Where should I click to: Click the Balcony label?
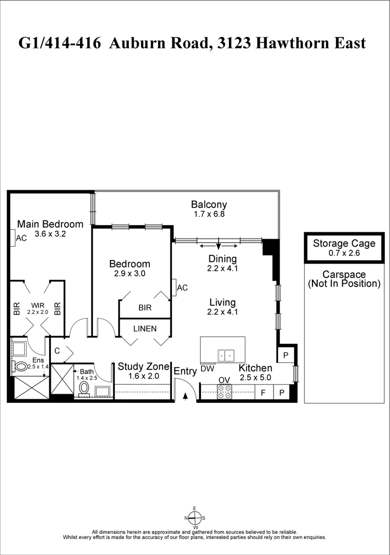click(209, 204)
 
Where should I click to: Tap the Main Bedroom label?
click(50, 224)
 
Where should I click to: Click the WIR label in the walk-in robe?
click(37, 305)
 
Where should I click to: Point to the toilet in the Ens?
click(21, 366)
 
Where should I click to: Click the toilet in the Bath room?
click(84, 387)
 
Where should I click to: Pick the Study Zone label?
click(143, 366)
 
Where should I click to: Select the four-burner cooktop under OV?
click(224, 392)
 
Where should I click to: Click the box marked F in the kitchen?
click(263, 393)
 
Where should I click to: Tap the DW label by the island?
click(207, 368)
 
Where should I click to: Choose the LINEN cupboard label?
click(145, 328)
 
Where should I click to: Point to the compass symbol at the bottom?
click(194, 518)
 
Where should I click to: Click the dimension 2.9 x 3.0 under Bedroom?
click(130, 274)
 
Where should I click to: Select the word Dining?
click(222, 258)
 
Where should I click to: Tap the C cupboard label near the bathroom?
click(57, 350)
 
